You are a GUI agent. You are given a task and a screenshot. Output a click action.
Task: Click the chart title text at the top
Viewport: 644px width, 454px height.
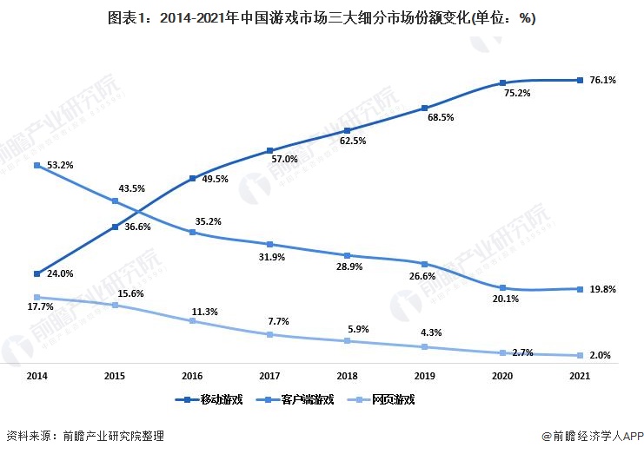click(x=322, y=19)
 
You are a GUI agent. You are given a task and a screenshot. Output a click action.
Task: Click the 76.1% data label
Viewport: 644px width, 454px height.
click(x=602, y=81)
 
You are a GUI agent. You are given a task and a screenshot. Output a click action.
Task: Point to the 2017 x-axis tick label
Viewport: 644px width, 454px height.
click(x=271, y=376)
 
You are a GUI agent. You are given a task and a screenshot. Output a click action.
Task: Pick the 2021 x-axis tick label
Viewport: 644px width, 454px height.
click(x=581, y=376)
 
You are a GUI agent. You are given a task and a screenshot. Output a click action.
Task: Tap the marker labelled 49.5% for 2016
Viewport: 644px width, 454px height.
click(x=192, y=179)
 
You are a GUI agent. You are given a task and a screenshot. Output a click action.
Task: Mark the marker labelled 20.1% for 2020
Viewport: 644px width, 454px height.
click(x=503, y=287)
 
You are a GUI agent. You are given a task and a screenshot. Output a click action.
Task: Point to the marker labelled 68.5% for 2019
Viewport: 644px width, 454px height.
click(x=425, y=109)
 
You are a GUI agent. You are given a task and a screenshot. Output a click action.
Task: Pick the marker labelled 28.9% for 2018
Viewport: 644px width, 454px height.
click(x=348, y=255)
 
